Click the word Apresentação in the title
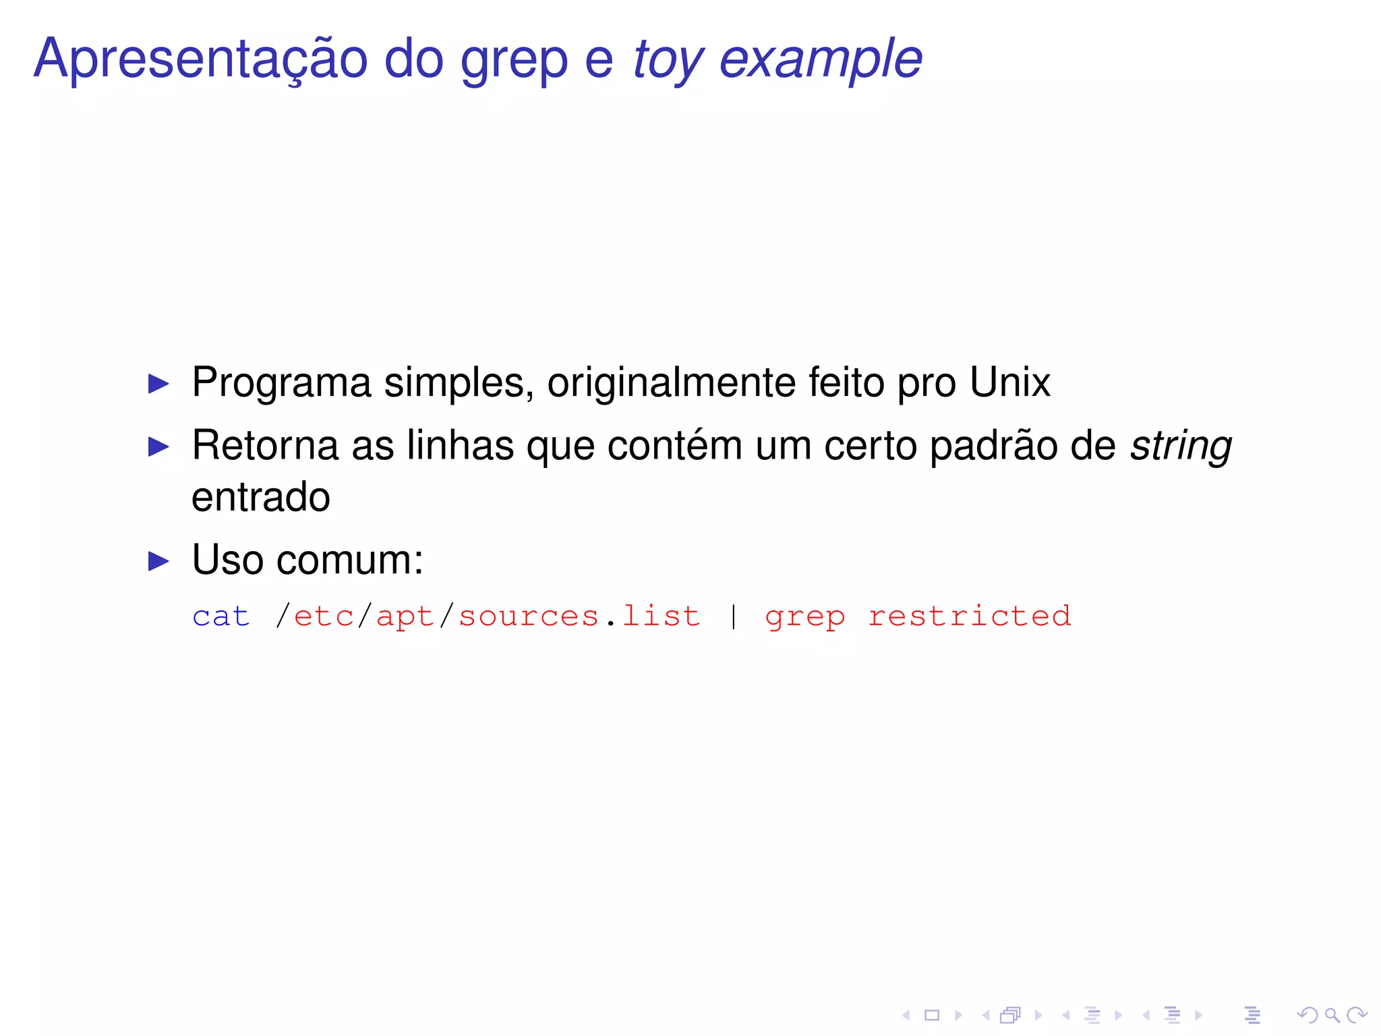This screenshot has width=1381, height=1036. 200,59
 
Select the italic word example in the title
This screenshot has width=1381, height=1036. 820,59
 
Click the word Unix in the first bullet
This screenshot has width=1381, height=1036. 1009,382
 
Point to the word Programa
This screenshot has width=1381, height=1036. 281,382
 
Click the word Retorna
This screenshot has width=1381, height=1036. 265,445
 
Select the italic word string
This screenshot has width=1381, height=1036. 1181,447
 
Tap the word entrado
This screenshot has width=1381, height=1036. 260,497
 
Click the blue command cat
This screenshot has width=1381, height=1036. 221,616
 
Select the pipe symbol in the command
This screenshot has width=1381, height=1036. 733,616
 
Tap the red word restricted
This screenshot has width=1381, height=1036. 969,616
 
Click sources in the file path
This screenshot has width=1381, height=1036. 529,616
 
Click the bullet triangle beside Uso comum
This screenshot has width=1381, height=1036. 158,560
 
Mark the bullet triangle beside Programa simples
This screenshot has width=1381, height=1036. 158,384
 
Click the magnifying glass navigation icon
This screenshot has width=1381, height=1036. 1332,1015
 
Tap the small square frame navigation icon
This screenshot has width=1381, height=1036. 932,1015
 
